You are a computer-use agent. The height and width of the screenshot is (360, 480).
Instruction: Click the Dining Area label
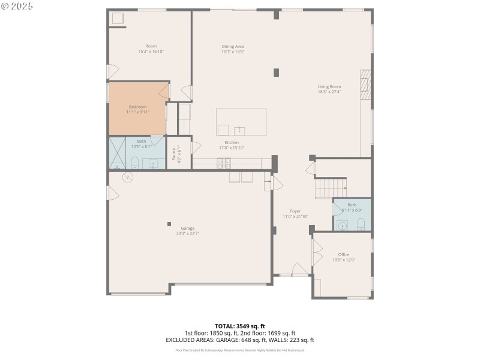pyautogui.click(x=233, y=46)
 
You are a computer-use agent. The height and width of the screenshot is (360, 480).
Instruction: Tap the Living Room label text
pyautogui.click(x=329, y=86)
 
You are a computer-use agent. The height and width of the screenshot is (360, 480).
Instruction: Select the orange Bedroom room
pyautogui.click(x=137, y=109)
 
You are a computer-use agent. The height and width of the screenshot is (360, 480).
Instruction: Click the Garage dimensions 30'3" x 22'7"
pyautogui.click(x=188, y=234)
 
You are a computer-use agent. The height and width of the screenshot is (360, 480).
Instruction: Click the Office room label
pyautogui.click(x=344, y=254)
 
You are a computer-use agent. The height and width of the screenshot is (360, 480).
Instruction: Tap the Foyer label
pyautogui.click(x=295, y=211)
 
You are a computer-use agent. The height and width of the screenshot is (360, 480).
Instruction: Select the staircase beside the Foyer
pyautogui.click(x=331, y=188)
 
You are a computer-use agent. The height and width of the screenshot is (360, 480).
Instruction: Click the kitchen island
pyautogui.click(x=241, y=122)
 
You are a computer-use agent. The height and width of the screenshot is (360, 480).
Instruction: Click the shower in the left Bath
pyautogui.click(x=117, y=153)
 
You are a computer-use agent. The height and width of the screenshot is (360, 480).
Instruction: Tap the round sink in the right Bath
pyautogui.click(x=342, y=226)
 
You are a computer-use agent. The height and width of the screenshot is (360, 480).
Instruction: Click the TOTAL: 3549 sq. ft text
pyautogui.click(x=239, y=326)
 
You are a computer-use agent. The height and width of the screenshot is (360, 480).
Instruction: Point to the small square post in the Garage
pyautogui.click(x=169, y=224)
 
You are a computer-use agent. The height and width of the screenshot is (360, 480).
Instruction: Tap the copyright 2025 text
pyautogui.click(x=17, y=5)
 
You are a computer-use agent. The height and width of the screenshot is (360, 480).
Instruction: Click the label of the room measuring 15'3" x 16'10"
pyautogui.click(x=151, y=46)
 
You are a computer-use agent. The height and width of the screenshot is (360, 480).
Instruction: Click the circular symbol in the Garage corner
pyautogui.click(x=127, y=178)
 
